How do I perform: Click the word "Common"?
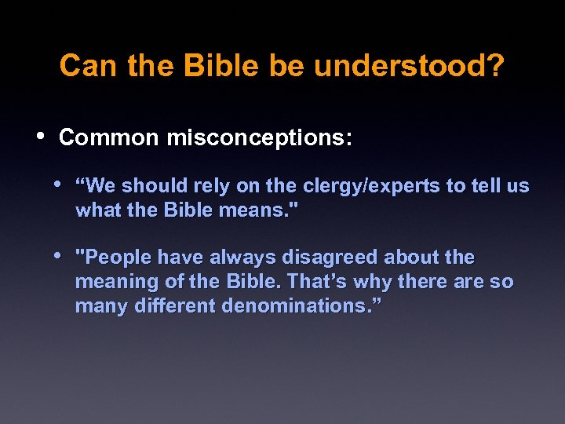pyautogui.click(x=108, y=137)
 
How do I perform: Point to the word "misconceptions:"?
pyautogui.click(x=259, y=137)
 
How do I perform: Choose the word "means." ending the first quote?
pyautogui.click(x=265, y=210)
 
